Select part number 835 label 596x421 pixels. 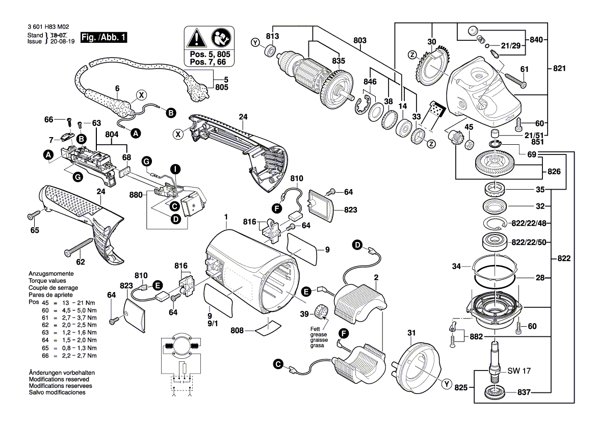point(339,61)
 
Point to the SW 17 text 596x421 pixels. point(520,371)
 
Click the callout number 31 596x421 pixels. point(411,334)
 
